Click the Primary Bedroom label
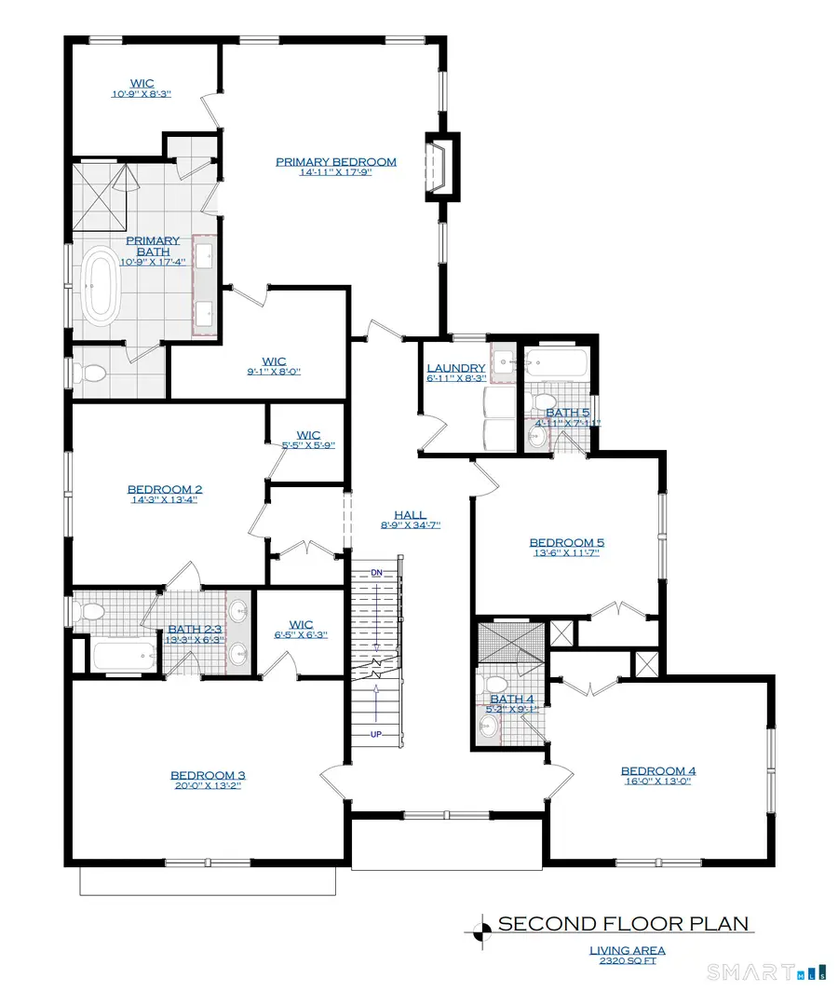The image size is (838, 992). [x=335, y=161]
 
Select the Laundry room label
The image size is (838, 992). [x=455, y=368]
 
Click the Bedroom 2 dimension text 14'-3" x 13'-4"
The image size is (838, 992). [x=164, y=500]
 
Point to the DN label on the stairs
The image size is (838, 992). [x=376, y=571]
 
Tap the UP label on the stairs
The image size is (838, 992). [x=376, y=735]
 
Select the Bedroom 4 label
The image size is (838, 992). [x=658, y=770]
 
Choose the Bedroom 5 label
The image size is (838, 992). [x=566, y=542]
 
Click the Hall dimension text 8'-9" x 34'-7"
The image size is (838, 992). [x=410, y=525]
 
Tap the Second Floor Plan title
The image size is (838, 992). [x=624, y=924]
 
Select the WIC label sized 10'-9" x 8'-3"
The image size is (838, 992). [x=142, y=94]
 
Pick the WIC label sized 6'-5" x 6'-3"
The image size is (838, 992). [x=302, y=635]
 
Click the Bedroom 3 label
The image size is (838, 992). [x=207, y=775]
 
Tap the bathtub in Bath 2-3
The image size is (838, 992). [x=125, y=656]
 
